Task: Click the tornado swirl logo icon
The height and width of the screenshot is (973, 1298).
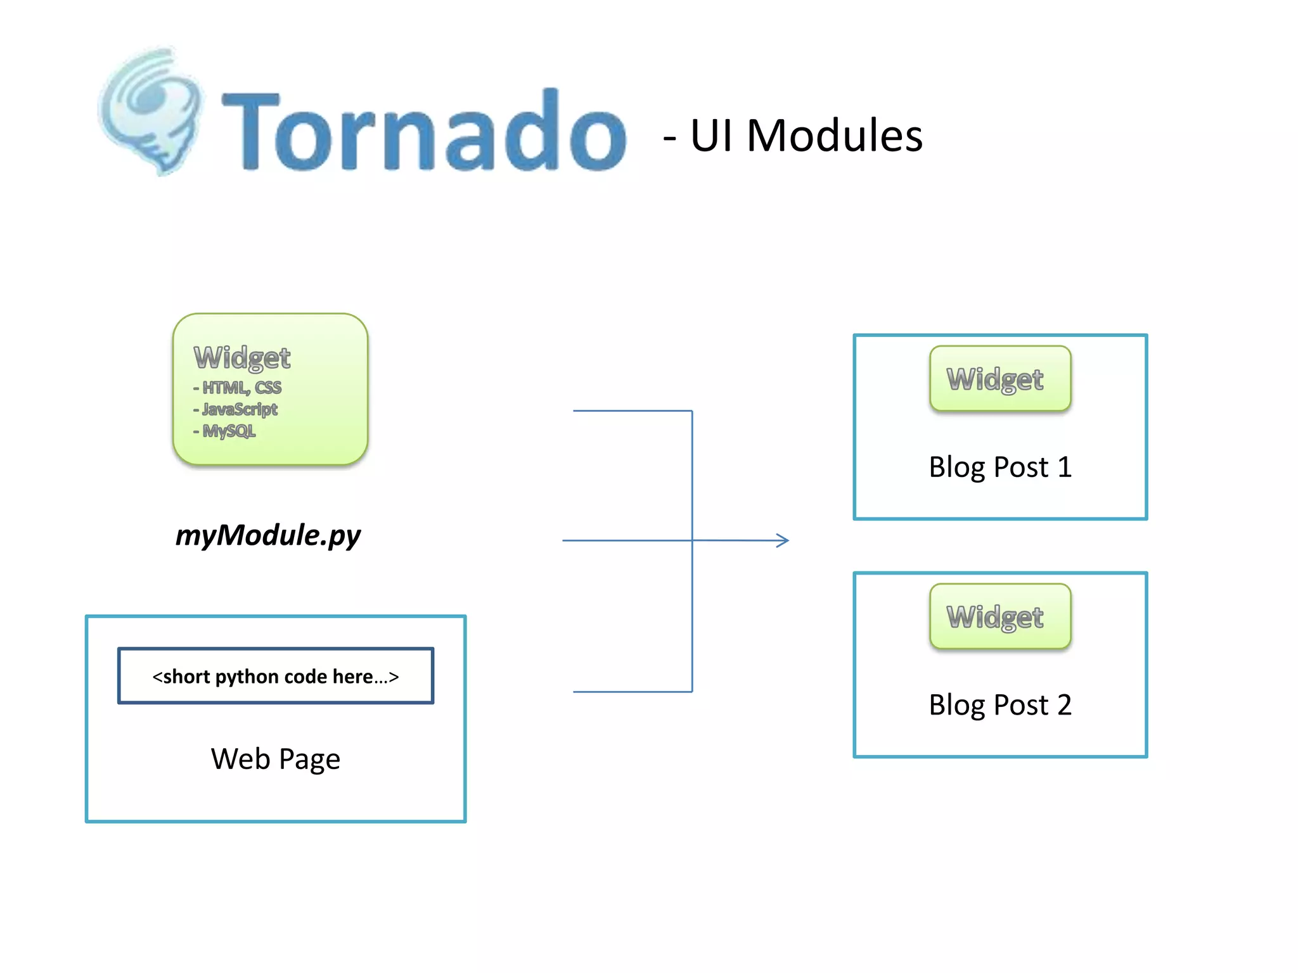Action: tap(151, 111)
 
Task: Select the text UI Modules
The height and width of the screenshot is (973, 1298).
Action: tap(806, 136)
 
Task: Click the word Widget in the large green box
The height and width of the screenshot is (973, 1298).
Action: tap(242, 358)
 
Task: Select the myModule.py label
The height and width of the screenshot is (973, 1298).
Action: tap(267, 535)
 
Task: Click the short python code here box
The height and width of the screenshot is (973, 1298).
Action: tap(276, 676)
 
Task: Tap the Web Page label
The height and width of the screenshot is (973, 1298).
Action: tap(276, 759)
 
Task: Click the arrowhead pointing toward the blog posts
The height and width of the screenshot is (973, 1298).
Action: tap(783, 540)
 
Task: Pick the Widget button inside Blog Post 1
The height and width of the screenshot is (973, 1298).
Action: tap(999, 379)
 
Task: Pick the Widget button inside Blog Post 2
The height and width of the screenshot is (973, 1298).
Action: tap(999, 616)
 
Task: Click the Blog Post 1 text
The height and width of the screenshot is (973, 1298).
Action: tap(999, 467)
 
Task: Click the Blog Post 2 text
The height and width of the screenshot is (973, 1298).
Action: tap(999, 705)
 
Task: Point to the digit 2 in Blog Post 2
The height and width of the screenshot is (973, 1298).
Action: tap(1064, 705)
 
